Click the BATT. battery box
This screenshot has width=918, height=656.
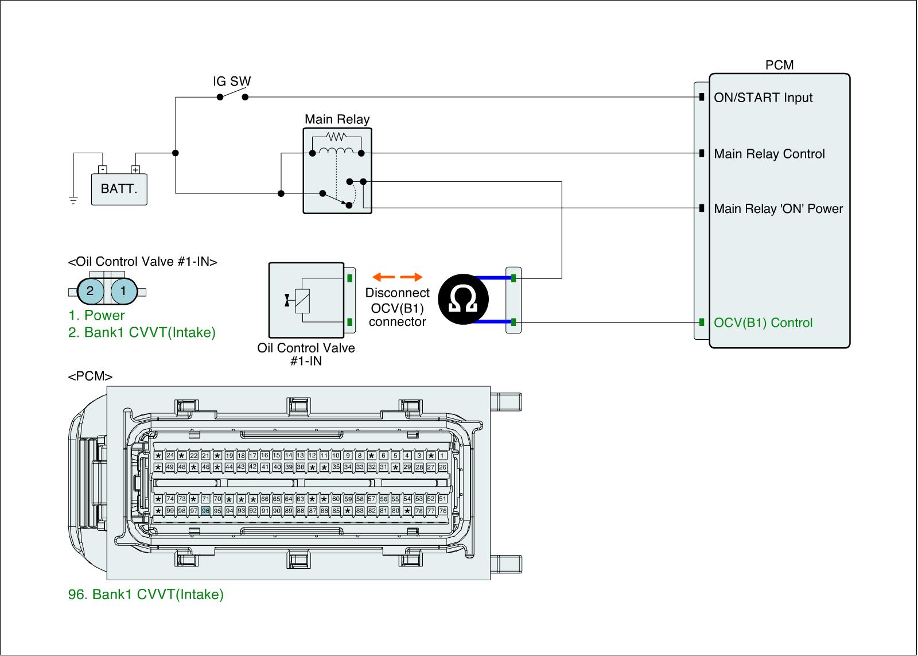click(119, 189)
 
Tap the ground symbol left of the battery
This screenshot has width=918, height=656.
click(73, 200)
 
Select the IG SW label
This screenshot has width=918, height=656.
click(232, 81)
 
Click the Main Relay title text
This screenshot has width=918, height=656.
click(337, 119)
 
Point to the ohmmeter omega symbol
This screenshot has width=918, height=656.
click(463, 299)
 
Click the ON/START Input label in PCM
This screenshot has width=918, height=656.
click(763, 98)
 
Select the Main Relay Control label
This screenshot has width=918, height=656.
click(769, 154)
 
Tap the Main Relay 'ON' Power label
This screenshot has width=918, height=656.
click(779, 208)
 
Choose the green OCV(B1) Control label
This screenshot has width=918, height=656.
click(763, 323)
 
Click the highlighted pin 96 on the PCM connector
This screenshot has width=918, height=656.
click(205, 510)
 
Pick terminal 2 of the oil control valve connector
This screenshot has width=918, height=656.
click(90, 290)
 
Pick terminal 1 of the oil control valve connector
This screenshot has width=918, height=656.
click(123, 290)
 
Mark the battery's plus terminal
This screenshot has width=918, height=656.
click(135, 169)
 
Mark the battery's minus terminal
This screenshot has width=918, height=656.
click(102, 169)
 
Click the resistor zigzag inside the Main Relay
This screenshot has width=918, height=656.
click(336, 137)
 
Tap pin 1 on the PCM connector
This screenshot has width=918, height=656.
click(442, 456)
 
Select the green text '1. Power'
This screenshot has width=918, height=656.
click(96, 315)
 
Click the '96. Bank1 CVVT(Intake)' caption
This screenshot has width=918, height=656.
click(146, 595)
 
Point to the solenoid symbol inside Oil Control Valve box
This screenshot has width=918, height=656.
click(302, 300)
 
